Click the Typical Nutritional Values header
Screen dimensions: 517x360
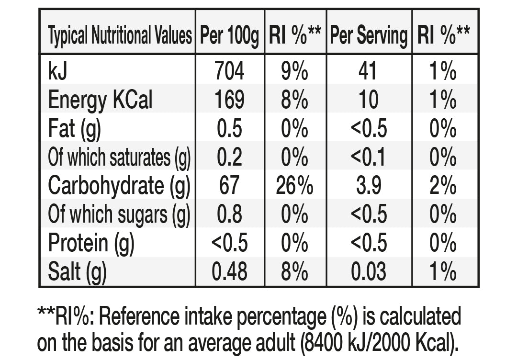120,35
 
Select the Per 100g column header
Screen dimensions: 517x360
229,35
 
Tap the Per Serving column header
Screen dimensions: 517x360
369,35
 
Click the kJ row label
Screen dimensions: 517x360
58,70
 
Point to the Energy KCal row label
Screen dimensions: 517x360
100,100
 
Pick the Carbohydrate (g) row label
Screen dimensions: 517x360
119,186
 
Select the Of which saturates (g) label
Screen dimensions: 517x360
119,157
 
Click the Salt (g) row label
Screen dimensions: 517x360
78,271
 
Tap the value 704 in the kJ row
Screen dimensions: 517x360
229,70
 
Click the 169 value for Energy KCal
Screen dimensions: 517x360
229,100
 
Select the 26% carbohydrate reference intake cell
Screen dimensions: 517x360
294,186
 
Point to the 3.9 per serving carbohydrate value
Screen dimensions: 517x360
369,186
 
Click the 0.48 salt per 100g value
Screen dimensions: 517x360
229,271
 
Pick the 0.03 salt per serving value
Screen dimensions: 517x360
369,271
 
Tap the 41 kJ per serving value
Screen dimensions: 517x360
368,70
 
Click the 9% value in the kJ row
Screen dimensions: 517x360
294,70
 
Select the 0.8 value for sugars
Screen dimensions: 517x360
229,214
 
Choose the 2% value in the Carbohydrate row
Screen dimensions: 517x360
443,186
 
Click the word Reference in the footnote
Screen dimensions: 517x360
139,316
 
